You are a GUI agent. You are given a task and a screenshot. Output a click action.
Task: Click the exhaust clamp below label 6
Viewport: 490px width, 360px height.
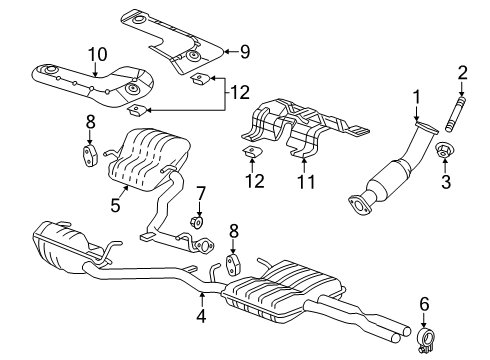coord(427,348)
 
